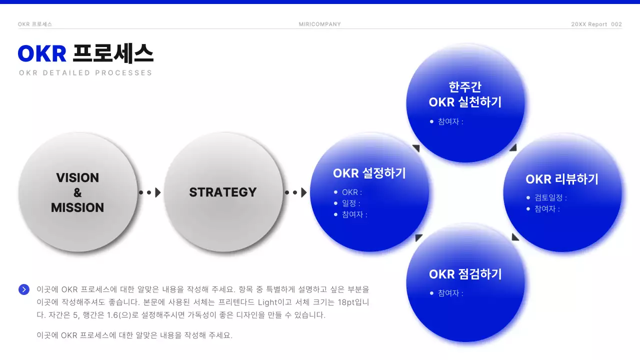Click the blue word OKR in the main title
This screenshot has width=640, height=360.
42,53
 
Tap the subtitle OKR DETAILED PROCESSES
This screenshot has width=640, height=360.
85,73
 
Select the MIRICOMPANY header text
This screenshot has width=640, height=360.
319,24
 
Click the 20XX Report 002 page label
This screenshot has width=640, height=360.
596,24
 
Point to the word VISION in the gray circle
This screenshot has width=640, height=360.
77,178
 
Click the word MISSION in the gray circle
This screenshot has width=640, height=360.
77,207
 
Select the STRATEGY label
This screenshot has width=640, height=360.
223,192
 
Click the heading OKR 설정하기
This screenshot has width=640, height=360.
369,173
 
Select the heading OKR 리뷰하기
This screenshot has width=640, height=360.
562,179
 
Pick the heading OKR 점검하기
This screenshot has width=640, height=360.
465,274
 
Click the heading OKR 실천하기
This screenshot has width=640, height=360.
465,102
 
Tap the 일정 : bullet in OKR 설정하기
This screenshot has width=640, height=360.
351,203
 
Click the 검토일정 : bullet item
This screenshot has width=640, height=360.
550,197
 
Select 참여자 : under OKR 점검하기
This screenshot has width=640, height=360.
450,293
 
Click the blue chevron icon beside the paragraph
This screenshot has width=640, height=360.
24,289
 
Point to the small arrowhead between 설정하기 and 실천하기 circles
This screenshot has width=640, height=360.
415,148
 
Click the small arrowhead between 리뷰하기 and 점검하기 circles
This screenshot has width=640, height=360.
515,237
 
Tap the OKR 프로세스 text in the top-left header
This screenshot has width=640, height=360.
35,24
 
